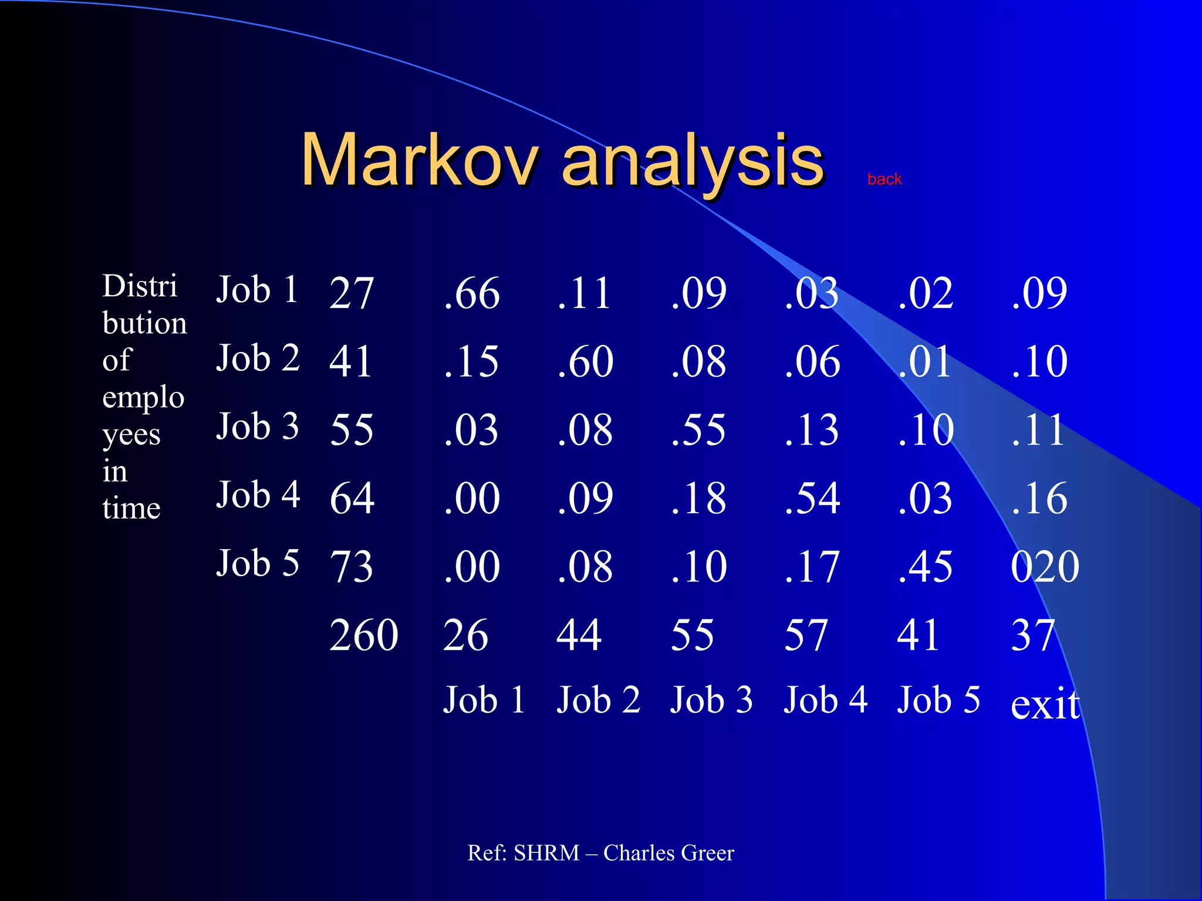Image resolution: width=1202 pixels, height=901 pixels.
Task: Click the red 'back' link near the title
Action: pos(884,179)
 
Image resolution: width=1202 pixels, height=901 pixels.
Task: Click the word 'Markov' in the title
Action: pos(419,160)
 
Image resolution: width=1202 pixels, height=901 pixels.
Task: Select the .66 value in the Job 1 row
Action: pos(472,293)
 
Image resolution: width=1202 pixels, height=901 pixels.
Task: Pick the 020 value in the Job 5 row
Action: pos(1045,567)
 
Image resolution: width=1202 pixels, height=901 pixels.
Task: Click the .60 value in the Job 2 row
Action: pos(585,361)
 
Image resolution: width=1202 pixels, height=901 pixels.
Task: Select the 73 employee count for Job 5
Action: pos(351,567)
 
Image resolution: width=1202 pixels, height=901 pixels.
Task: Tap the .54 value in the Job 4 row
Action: pos(812,498)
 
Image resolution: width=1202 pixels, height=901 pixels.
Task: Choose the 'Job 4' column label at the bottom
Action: pos(825,700)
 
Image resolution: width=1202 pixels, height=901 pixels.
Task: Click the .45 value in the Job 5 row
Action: pos(925,567)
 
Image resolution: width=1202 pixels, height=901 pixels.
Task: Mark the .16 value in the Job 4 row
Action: pos(1039,498)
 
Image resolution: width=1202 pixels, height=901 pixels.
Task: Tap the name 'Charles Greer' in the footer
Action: pos(668,853)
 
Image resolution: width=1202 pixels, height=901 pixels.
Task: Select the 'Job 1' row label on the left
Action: pos(258,290)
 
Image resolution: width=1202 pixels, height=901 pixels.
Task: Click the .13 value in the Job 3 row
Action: pos(812,430)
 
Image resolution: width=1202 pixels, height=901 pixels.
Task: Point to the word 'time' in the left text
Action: pos(131,508)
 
